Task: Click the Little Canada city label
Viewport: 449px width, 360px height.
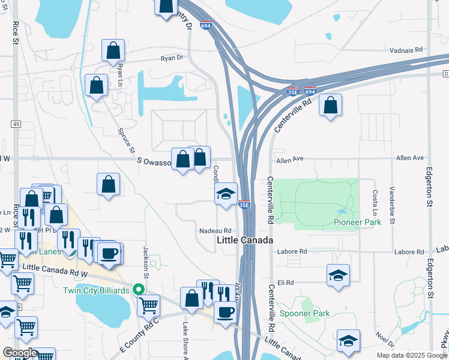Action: (244, 240)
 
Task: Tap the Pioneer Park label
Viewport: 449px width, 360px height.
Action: (358, 223)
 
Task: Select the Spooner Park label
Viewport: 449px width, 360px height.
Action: (306, 314)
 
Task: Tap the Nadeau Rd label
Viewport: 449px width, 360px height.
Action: (215, 230)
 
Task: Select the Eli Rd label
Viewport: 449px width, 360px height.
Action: (285, 282)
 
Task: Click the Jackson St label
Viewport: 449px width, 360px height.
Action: (145, 258)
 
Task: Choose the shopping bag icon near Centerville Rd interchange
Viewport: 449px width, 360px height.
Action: (331, 106)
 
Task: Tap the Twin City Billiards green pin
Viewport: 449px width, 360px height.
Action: (139, 289)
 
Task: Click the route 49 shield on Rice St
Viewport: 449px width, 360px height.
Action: (16, 124)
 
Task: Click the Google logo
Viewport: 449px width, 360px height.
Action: (20, 353)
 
